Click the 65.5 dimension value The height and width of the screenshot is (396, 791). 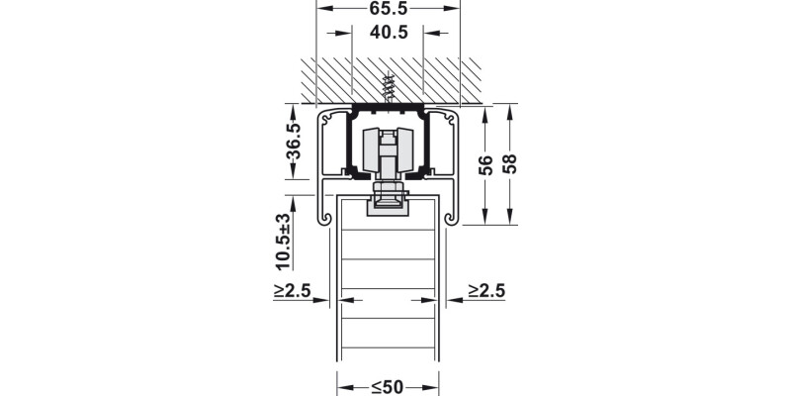click(x=388, y=9)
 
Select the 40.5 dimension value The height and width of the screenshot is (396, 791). click(x=388, y=33)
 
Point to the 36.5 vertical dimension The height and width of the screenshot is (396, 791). click(x=293, y=141)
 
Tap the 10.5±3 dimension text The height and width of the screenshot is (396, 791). click(x=284, y=242)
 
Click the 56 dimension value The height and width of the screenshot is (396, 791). click(x=485, y=165)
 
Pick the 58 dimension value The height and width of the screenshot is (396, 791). click(x=509, y=164)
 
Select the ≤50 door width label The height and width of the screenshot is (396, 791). click(x=388, y=387)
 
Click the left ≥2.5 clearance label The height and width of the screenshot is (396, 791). click(x=292, y=291)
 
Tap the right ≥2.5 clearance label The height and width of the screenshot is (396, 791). click(x=486, y=291)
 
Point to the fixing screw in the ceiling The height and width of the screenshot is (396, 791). click(x=388, y=87)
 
